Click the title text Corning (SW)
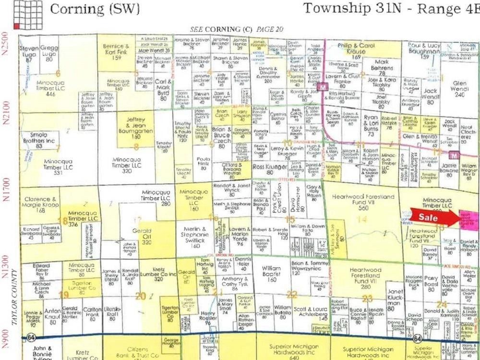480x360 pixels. [x=95, y=9]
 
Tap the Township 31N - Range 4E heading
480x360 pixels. [x=391, y=8]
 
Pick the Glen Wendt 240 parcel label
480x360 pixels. [x=459, y=89]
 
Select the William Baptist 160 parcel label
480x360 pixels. [x=271, y=273]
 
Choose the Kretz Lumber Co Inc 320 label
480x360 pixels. [x=158, y=276]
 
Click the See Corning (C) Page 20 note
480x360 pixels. [x=237, y=29]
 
